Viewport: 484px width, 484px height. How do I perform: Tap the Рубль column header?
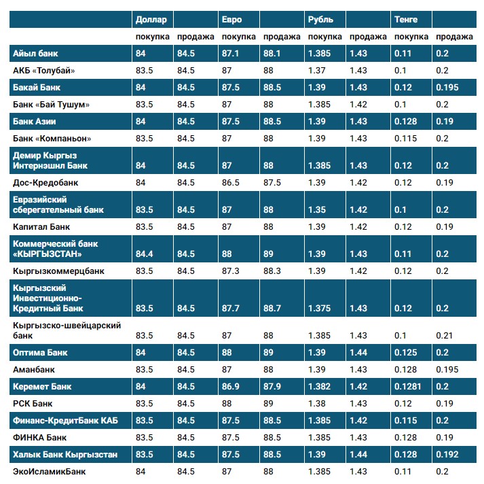320,20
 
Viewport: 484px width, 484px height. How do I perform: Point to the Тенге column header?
406,20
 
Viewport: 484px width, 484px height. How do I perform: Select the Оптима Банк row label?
40,353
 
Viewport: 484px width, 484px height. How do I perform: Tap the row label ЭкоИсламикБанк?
50,471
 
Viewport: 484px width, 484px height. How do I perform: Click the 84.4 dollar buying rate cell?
145,254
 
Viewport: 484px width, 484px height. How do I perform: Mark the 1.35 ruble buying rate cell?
317,209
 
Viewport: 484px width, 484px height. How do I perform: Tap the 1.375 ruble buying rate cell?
320,308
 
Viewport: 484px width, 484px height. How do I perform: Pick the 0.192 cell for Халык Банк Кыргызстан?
447,454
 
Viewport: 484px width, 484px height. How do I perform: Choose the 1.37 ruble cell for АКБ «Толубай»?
317,70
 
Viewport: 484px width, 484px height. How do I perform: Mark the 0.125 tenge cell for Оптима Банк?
405,353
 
